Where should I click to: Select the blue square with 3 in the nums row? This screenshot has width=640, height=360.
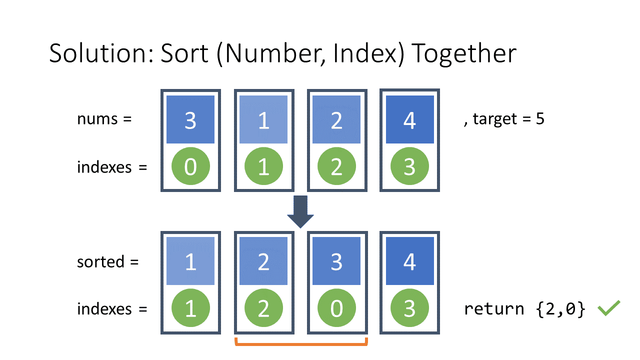pos(190,120)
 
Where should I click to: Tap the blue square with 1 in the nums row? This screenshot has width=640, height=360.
pos(263,120)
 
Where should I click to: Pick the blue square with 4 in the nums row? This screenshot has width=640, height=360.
pos(409,120)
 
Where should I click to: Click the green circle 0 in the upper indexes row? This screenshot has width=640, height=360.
pos(190,167)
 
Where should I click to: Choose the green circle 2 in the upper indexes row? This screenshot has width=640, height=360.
pos(336,167)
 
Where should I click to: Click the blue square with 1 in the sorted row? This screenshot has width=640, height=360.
pos(190,261)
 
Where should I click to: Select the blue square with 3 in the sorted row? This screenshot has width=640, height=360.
pos(336,261)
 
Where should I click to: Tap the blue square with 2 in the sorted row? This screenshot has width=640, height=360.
pos(263,261)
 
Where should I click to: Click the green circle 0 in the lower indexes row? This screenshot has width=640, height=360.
pos(336,309)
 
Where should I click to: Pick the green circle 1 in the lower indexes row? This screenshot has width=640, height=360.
pos(190,309)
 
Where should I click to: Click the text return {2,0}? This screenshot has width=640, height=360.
pos(524,309)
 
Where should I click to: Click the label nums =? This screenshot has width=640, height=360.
pos(104,119)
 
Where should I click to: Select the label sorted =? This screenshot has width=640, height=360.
pos(107,261)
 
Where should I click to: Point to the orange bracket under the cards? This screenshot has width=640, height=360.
pos(301,344)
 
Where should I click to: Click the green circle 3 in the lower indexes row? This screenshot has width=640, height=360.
pos(409,309)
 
